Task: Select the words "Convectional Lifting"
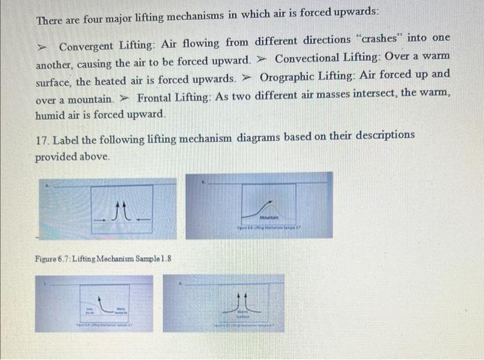(x=324, y=56)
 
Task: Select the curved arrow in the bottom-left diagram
(x=104, y=303)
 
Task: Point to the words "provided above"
(x=73, y=157)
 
